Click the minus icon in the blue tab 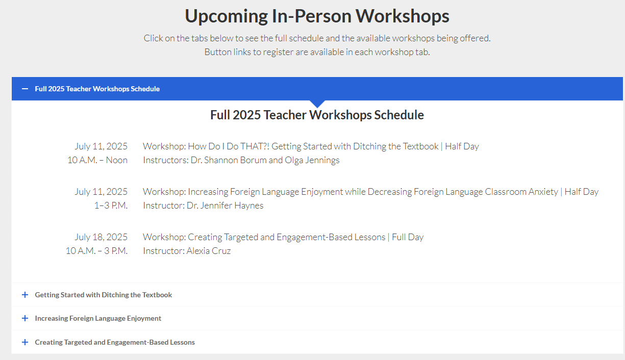25,89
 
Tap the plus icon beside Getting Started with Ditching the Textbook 25,295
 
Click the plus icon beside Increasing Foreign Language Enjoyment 25,318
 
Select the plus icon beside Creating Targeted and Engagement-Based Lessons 25,342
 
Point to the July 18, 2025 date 101,237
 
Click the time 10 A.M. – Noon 97,160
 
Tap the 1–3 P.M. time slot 111,205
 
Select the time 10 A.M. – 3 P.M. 96,251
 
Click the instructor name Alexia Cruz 209,251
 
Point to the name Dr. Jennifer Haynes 225,205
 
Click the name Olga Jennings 312,160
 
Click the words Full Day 408,237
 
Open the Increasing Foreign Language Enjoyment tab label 98,319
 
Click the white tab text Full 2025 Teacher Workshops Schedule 97,89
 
